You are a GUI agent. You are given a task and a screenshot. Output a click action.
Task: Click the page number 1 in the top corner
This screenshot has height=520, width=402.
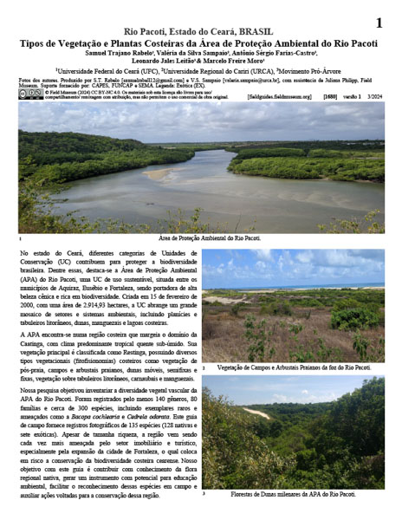[378, 22]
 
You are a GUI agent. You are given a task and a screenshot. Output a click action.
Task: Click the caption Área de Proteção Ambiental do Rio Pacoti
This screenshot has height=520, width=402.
[211, 237]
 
